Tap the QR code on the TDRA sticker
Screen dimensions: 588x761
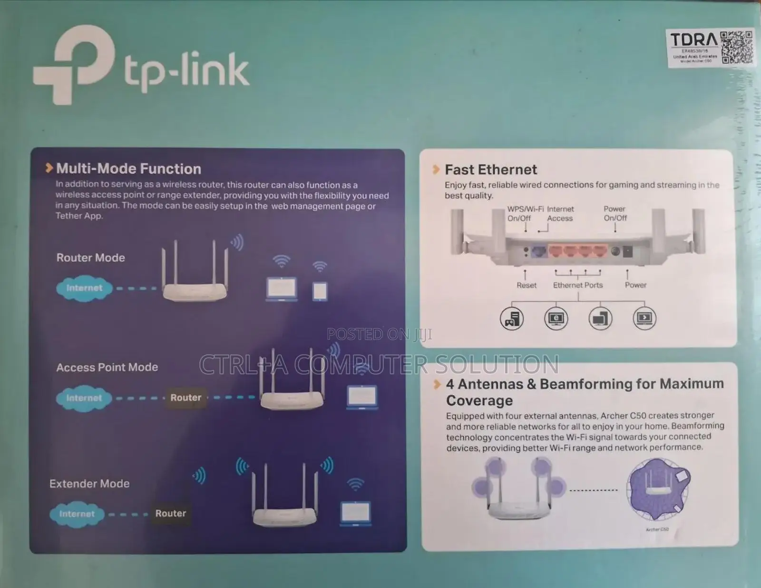click(737, 48)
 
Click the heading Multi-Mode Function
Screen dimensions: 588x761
click(128, 169)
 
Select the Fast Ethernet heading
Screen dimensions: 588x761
click(490, 169)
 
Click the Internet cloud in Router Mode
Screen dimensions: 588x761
click(84, 288)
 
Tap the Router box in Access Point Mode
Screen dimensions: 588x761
click(185, 398)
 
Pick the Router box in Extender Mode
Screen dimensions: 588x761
click(170, 513)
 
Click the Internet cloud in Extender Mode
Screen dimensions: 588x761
click(77, 514)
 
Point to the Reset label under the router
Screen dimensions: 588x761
click(526, 285)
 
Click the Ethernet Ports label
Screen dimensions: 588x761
click(577, 285)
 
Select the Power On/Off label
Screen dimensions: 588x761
click(615, 213)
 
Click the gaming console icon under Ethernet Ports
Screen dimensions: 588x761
click(512, 319)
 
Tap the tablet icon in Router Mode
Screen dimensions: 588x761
click(320, 290)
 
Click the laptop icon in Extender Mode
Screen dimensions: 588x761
click(356, 513)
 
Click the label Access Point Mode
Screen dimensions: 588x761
click(107, 367)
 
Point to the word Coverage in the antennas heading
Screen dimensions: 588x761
click(479, 400)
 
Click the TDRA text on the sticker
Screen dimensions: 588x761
click(693, 40)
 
